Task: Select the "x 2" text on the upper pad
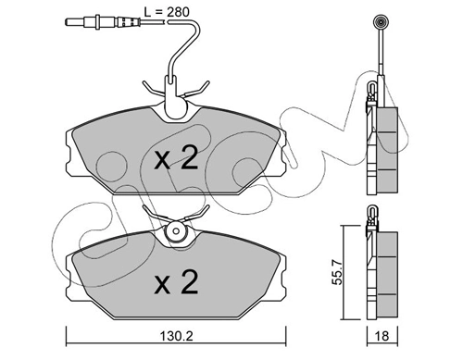pos(176,159)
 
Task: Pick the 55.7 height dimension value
pos(339,270)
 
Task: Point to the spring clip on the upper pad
pos(174,96)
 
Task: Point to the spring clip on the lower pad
pos(174,230)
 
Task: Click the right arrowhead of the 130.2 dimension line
pos(283,331)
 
